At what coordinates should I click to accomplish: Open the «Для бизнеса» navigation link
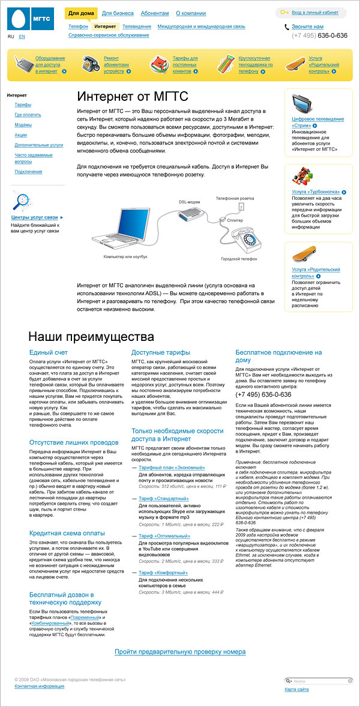pyautogui.click(x=118, y=13)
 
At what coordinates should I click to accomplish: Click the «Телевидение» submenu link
pyautogui.click(x=137, y=27)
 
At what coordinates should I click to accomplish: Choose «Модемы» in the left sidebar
pyautogui.click(x=23, y=125)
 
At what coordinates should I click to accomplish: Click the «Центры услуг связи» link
pyautogui.click(x=35, y=217)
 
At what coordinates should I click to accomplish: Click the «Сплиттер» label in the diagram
pyautogui.click(x=235, y=221)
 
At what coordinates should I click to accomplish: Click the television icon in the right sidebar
pyautogui.click(x=306, y=106)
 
